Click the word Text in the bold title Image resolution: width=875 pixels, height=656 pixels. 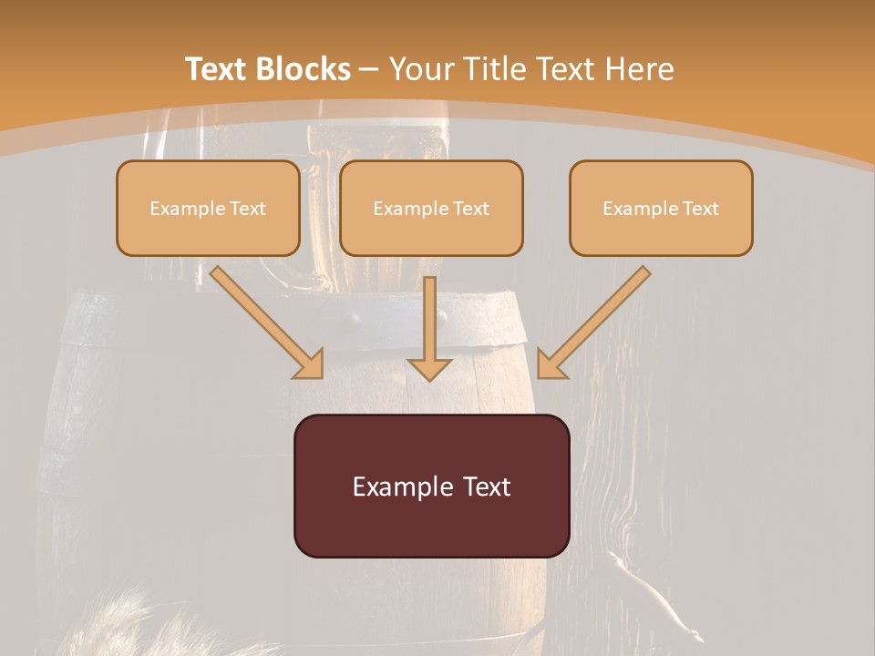218,69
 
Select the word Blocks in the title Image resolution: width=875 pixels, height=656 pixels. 303,69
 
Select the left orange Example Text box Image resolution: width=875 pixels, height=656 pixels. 208,209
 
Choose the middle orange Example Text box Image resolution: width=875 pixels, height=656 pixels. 431,209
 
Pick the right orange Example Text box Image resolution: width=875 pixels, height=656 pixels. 661,209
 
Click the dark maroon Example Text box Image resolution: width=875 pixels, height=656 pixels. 431,486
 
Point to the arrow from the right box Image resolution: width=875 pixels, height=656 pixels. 597,319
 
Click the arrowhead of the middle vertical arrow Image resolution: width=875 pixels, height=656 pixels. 430,367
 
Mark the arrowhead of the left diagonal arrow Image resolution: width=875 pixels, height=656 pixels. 310,364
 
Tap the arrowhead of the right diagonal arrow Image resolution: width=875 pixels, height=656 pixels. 551,364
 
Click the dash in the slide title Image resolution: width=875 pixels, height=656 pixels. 369,69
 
